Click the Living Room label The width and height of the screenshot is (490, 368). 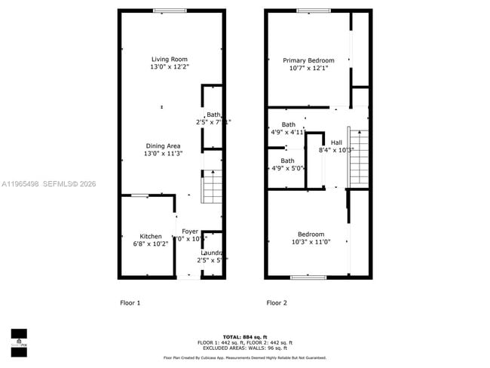pyautogui.click(x=169, y=59)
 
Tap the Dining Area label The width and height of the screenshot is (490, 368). pyautogui.click(x=163, y=146)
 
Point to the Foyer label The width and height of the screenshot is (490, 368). pyautogui.click(x=189, y=231)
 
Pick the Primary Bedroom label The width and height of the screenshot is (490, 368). pyautogui.click(x=308, y=60)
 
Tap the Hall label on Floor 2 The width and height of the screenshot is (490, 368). pyautogui.click(x=336, y=142)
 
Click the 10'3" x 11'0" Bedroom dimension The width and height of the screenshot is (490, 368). pyautogui.click(x=311, y=243)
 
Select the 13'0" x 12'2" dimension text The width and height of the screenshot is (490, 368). pyautogui.click(x=169, y=67)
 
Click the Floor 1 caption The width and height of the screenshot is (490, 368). pyautogui.click(x=130, y=303)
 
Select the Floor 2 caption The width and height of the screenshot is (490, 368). pyautogui.click(x=277, y=303)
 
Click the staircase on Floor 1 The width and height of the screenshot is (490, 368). pyautogui.click(x=212, y=187)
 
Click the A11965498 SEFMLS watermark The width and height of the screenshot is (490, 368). pyautogui.click(x=48, y=183)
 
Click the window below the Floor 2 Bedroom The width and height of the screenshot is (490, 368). pyautogui.click(x=308, y=278)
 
